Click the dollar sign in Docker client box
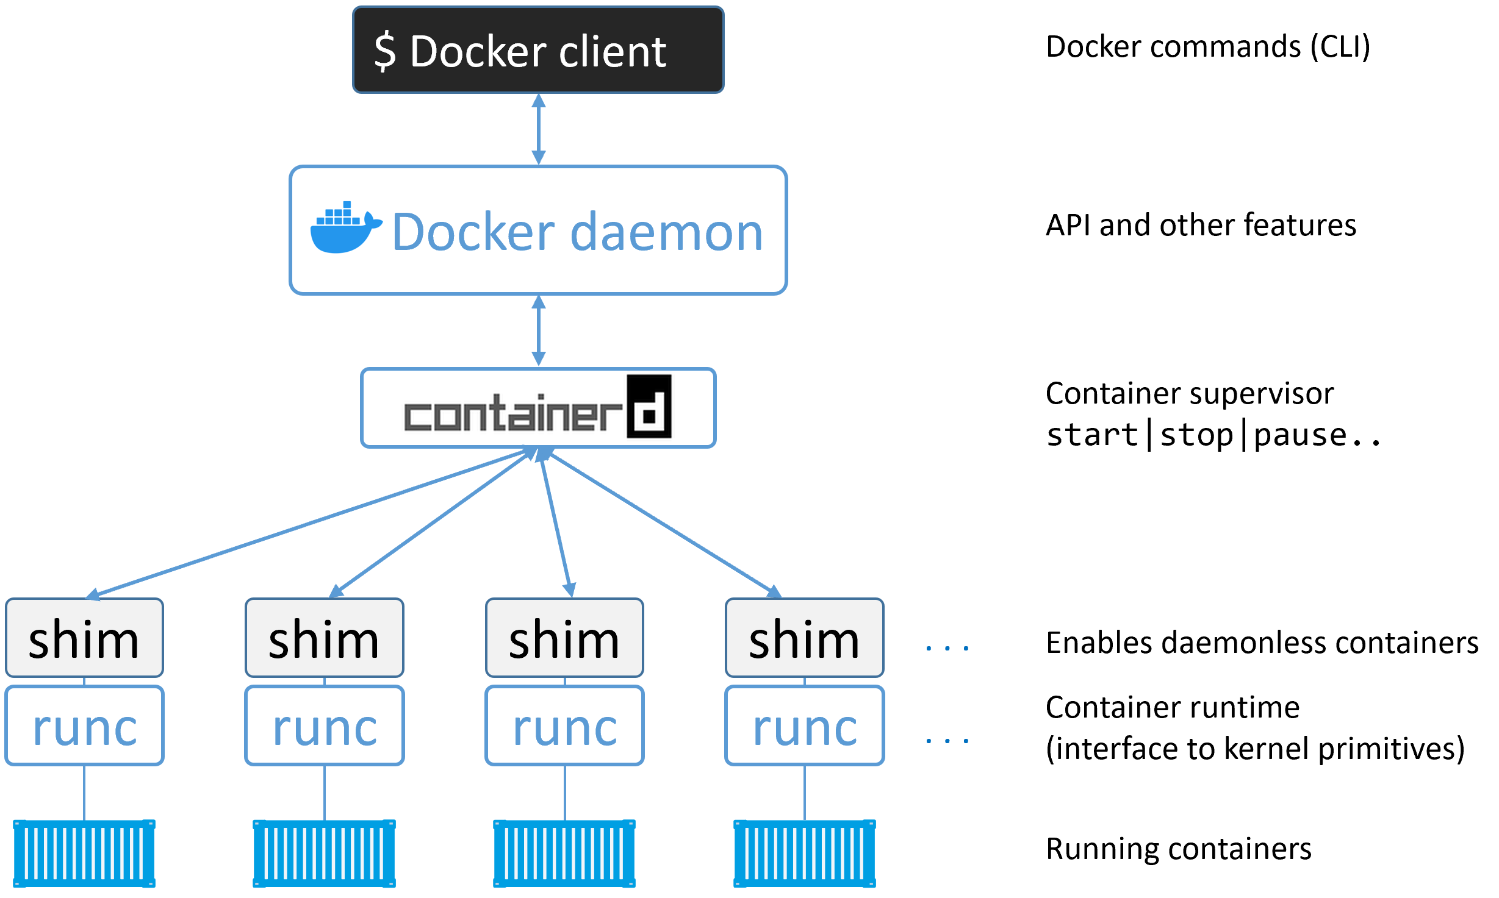point(385,52)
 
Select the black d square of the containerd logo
point(649,407)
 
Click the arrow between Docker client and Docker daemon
point(539,129)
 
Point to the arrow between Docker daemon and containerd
point(539,330)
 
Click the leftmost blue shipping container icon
point(84,853)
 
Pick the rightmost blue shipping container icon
point(804,853)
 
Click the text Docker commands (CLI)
point(1207,47)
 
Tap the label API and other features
point(1200,225)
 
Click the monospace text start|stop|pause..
point(1212,435)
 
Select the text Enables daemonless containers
point(1262,643)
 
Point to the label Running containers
point(1178,849)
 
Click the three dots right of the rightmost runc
point(947,741)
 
